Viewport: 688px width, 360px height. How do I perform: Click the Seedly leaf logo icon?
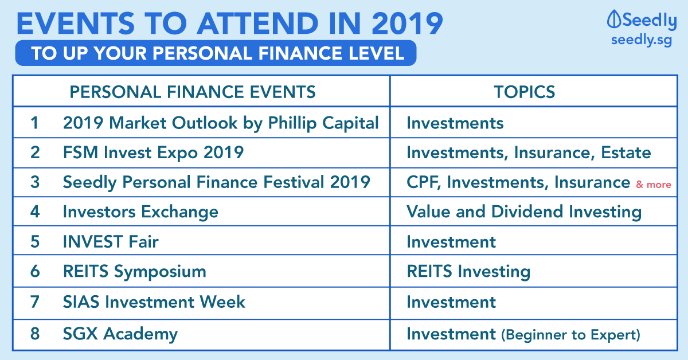pyautogui.click(x=614, y=19)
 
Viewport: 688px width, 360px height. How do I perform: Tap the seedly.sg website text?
pyautogui.click(x=642, y=40)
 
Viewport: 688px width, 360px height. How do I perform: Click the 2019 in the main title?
pyautogui.click(x=407, y=24)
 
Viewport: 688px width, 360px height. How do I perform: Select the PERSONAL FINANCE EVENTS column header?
pyautogui.click(x=193, y=92)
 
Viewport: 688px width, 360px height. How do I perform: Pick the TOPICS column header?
pyautogui.click(x=524, y=92)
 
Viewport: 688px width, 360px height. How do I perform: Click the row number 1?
pyautogui.click(x=34, y=123)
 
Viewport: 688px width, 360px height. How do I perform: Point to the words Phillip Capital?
pyautogui.click(x=323, y=123)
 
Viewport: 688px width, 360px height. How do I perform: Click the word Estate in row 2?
pyautogui.click(x=626, y=152)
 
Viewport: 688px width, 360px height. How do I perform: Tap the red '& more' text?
pyautogui.click(x=653, y=185)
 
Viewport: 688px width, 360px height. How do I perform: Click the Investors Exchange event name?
pyautogui.click(x=140, y=212)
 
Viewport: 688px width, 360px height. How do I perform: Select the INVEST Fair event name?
pyautogui.click(x=111, y=241)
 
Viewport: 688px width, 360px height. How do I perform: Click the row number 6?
pyautogui.click(x=35, y=271)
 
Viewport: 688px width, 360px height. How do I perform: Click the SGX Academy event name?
pyautogui.click(x=120, y=334)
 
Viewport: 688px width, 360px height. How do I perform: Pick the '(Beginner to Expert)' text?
pyautogui.click(x=570, y=335)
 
